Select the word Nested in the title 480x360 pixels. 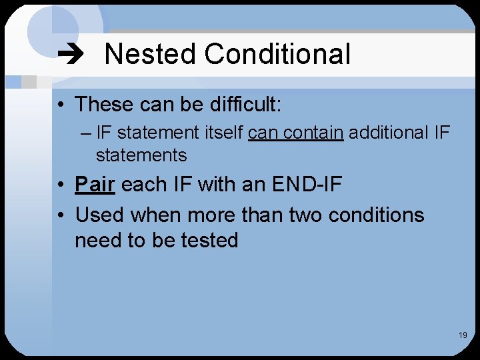click(x=151, y=54)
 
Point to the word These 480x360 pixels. click(x=107, y=105)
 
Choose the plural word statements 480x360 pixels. click(x=141, y=155)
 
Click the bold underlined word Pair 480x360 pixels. click(x=95, y=184)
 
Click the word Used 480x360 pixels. click(x=100, y=215)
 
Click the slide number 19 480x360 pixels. click(x=463, y=335)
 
